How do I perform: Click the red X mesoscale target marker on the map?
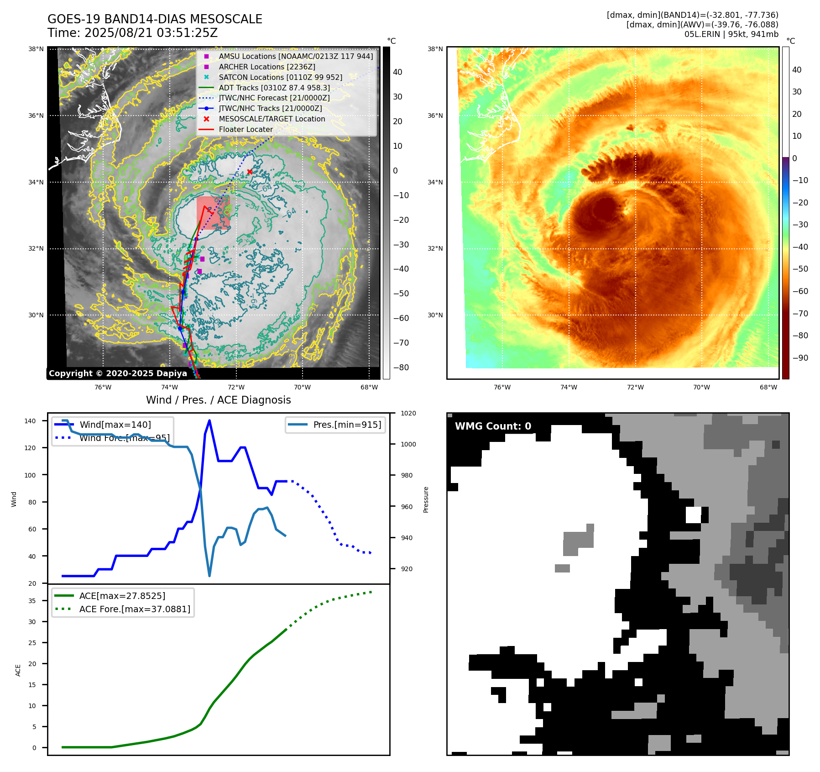click(x=250, y=172)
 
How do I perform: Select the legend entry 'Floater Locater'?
click(x=245, y=130)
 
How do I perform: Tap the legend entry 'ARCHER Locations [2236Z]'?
click(x=266, y=67)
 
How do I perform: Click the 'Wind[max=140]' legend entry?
click(x=115, y=425)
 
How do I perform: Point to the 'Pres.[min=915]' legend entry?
click(x=347, y=425)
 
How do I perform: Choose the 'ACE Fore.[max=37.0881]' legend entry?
click(x=135, y=609)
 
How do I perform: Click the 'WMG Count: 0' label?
click(x=493, y=426)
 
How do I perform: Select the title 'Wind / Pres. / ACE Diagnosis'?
click(x=218, y=400)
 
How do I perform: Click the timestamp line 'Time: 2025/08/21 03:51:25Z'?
click(x=132, y=33)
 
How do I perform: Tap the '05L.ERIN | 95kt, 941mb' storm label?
click(x=731, y=34)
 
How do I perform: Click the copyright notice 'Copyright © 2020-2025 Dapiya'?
click(x=118, y=373)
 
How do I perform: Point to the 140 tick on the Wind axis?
click(x=30, y=421)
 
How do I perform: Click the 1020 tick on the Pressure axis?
click(x=408, y=413)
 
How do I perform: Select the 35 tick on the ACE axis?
click(x=32, y=601)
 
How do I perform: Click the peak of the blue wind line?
click(x=209, y=420)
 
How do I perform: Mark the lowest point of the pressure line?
click(x=209, y=576)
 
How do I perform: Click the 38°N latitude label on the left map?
click(x=36, y=49)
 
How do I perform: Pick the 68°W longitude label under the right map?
click(x=768, y=387)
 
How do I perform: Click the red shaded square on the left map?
click(x=213, y=213)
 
